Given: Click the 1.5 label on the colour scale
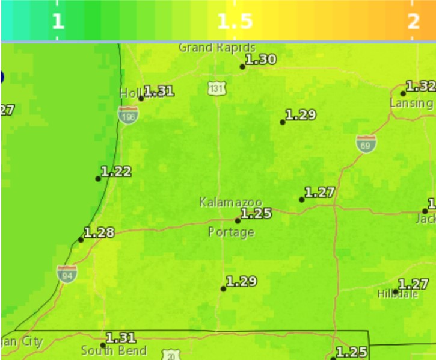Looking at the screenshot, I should coord(235,22).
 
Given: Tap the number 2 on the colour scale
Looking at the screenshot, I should coord(413,22).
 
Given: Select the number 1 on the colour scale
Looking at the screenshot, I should coord(57,22).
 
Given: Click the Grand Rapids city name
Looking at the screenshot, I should coord(217,47).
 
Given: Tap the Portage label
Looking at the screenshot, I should coord(231,232).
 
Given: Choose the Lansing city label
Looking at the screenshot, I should coord(411,103).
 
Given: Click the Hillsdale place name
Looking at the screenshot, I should coord(398,294).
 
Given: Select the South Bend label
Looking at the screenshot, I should coord(114,350).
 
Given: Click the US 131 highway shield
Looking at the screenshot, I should coord(216,89).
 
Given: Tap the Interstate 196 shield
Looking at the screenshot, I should coord(127,115).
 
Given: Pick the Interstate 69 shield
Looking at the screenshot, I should coord(366,144).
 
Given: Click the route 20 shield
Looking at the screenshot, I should coord(171,355).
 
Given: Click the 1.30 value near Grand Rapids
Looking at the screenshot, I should coord(261,59).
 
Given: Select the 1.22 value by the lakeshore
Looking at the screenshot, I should coord(116,171).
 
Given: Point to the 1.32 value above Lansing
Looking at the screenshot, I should coord(420,86).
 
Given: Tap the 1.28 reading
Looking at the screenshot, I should coord(99,232).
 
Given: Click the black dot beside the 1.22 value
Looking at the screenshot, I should coord(98,178).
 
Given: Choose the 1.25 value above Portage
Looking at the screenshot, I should coord(256,213).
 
